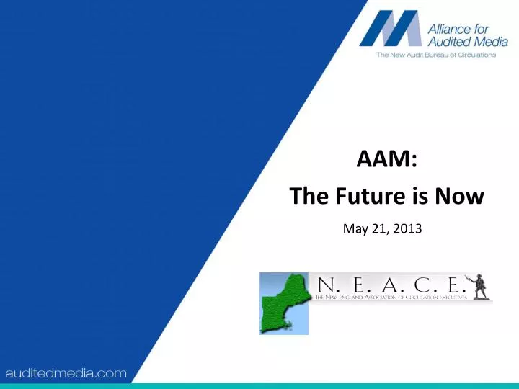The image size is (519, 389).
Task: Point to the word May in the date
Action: tap(355, 229)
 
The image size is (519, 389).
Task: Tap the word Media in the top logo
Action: tap(490, 42)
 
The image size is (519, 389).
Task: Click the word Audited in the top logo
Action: tap(450, 42)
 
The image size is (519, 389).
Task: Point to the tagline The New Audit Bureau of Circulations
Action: tap(436, 55)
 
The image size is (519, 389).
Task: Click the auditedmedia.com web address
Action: tap(66, 373)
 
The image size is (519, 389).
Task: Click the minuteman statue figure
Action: tap(478, 285)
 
